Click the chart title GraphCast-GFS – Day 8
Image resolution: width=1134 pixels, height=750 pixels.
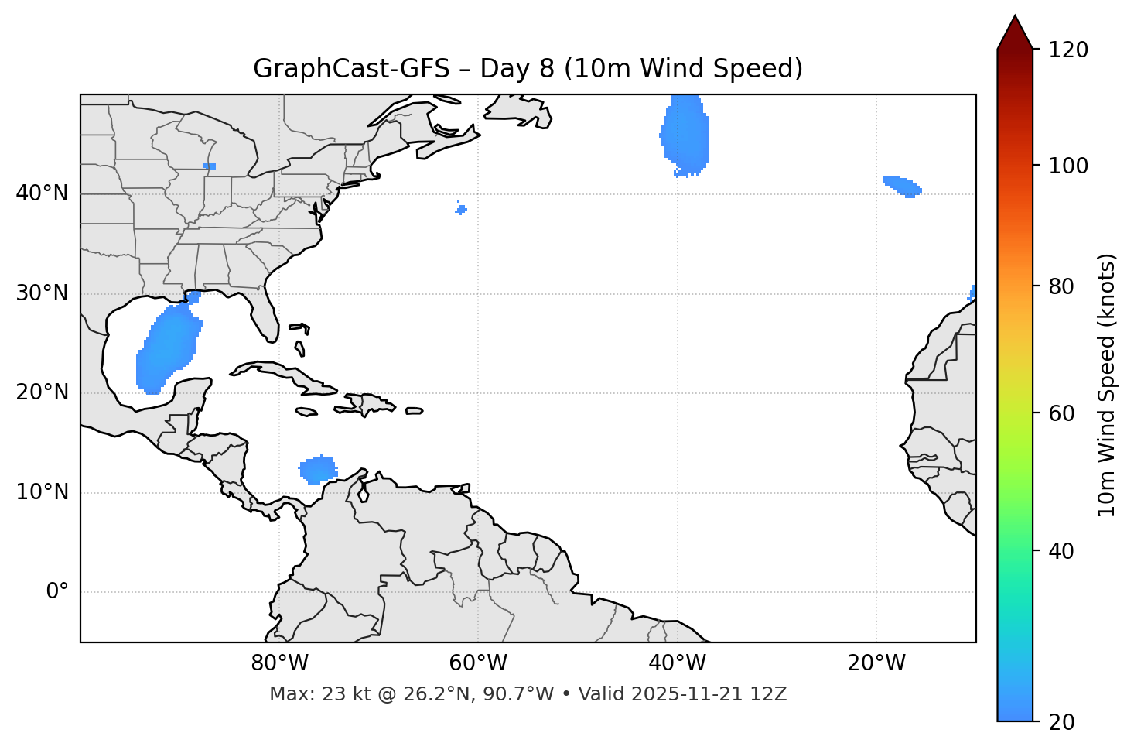coord(528,69)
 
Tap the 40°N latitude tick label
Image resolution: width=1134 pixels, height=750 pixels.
coord(42,193)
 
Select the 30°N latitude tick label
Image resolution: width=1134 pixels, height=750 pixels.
coord(42,293)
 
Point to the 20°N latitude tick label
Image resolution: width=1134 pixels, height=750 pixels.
coord(42,392)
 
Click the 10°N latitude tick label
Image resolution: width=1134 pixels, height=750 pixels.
coord(42,492)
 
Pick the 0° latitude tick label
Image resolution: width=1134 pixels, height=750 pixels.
coord(57,592)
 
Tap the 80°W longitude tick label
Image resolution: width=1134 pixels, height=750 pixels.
coord(279,663)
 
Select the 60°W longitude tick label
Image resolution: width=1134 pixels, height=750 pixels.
coord(478,663)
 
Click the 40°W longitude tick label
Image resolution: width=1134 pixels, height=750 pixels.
coord(678,663)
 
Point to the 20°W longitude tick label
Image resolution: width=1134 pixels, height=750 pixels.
coord(876,663)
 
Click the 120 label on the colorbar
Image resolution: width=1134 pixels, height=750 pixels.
coord(1068,50)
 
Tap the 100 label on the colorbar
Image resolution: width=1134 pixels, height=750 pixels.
coord(1068,166)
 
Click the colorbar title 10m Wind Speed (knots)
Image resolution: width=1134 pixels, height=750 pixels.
coord(1107,385)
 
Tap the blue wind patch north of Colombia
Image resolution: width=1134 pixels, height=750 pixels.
coord(318,469)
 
